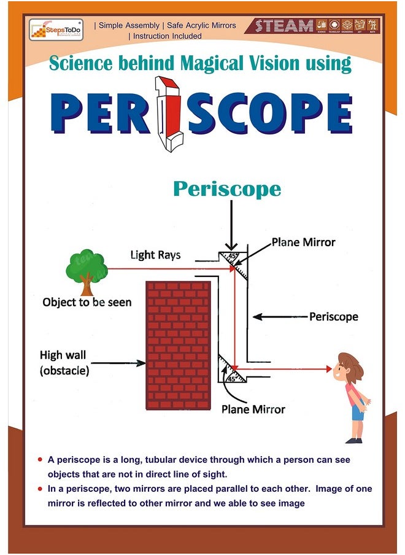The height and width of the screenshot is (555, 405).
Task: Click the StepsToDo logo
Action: pyautogui.click(x=56, y=29)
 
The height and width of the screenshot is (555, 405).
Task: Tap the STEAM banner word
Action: pyautogui.click(x=284, y=26)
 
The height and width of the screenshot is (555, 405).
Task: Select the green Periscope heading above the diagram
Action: pyautogui.click(x=226, y=188)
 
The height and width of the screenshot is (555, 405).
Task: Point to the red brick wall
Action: pyautogui.click(x=177, y=345)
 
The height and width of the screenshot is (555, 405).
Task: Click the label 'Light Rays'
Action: pyautogui.click(x=155, y=254)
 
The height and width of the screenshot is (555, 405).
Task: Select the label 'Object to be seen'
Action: pyautogui.click(x=87, y=302)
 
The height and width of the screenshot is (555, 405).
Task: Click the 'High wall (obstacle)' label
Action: pyautogui.click(x=64, y=363)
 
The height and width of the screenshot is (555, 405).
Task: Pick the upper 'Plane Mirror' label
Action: pyautogui.click(x=303, y=242)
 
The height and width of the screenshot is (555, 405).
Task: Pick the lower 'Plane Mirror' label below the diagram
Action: pyautogui.click(x=253, y=409)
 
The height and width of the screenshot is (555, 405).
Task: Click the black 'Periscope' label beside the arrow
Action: pyautogui.click(x=333, y=317)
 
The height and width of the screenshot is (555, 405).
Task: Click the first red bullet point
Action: pyautogui.click(x=40, y=459)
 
